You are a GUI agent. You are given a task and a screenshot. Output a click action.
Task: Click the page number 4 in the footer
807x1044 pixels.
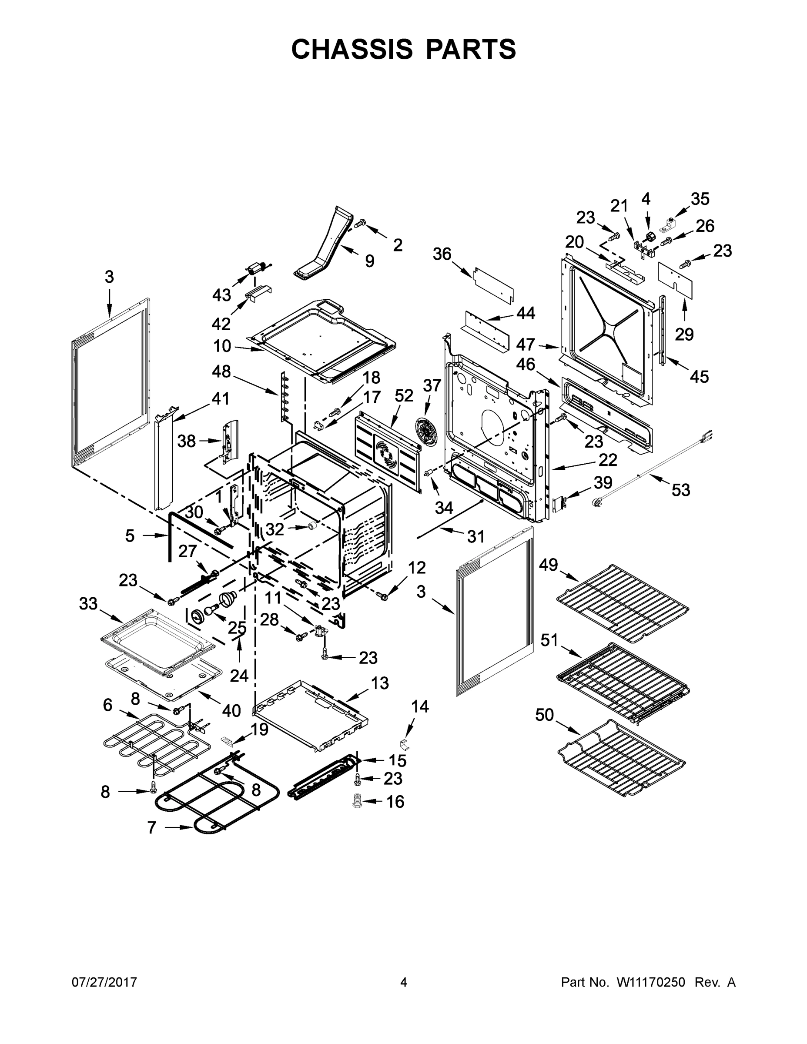click(x=404, y=982)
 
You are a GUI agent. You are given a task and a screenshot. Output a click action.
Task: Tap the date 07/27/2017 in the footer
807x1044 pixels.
click(x=104, y=982)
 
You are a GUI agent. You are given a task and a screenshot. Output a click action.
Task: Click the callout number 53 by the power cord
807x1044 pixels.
click(x=681, y=489)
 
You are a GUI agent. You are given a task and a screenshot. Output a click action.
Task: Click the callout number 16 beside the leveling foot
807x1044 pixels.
click(x=395, y=802)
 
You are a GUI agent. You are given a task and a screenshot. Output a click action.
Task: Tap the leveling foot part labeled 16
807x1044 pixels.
click(x=357, y=801)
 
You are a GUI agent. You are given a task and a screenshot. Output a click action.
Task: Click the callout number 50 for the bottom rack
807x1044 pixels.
click(x=545, y=715)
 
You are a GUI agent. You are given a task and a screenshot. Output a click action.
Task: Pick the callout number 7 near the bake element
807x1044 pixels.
click(x=152, y=827)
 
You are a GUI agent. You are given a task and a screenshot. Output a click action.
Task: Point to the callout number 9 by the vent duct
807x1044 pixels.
click(x=369, y=261)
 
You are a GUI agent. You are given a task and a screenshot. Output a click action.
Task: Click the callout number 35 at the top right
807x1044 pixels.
click(x=700, y=199)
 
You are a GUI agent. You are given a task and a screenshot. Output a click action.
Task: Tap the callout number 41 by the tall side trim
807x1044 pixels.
click(x=221, y=398)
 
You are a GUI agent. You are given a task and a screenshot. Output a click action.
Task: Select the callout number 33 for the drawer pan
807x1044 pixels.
click(x=88, y=604)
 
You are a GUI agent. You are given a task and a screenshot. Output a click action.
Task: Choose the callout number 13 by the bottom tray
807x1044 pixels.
click(x=380, y=683)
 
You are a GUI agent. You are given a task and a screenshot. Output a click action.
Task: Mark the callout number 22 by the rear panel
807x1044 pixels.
click(x=608, y=460)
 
